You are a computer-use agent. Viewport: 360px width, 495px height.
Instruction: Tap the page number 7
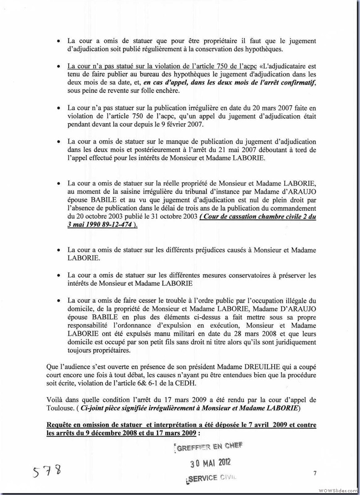(x=315, y=473)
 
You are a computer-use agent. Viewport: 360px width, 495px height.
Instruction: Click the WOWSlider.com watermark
(x=337, y=490)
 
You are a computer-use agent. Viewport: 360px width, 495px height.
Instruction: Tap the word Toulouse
(x=60, y=408)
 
